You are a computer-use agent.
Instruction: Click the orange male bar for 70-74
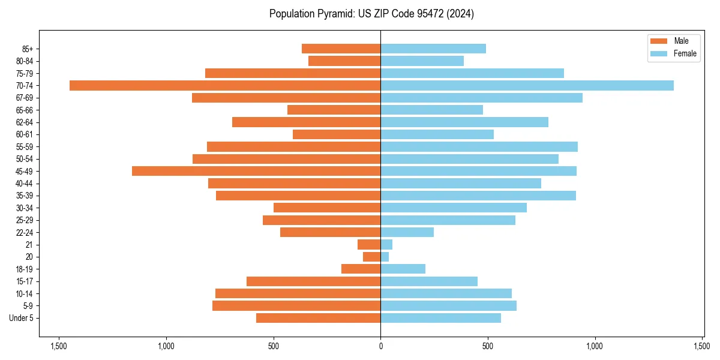tap(225, 85)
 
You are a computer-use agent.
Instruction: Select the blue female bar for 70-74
tap(527, 85)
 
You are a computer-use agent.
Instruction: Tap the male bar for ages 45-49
tap(256, 171)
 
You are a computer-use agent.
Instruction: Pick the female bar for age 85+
tap(433, 49)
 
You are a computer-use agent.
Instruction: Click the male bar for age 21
tap(369, 245)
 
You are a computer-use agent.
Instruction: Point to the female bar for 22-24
tap(407, 232)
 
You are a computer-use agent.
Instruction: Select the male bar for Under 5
tap(318, 318)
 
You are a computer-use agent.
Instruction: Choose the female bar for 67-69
tap(481, 98)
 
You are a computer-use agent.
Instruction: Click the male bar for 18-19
tap(361, 269)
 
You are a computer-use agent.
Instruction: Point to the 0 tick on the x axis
tap(380, 346)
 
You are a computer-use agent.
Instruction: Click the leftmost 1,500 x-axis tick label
tap(59, 346)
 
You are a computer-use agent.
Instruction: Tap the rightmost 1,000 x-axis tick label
tap(595, 346)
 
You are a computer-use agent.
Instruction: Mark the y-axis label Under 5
tap(22, 318)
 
